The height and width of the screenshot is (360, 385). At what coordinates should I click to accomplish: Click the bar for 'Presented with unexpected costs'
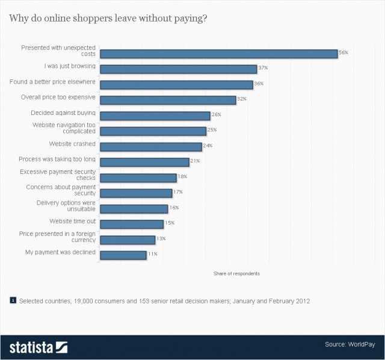point(218,54)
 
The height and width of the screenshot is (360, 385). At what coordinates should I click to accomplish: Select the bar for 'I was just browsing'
point(178,69)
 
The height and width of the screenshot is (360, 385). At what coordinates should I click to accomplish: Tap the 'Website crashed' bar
point(150,147)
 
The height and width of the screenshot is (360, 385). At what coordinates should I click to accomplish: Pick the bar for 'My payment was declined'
point(123,255)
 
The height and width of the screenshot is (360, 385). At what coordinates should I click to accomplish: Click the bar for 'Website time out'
point(131,224)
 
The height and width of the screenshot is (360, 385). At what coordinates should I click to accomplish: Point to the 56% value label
point(343,53)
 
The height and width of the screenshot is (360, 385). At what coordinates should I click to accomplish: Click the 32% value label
point(242,99)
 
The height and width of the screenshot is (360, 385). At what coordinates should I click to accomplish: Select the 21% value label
point(196,161)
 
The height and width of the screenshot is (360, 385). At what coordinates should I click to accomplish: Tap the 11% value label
point(153,254)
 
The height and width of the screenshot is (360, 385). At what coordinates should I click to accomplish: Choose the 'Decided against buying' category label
point(63,113)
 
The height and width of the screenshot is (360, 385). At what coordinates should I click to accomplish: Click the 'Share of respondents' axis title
point(236,274)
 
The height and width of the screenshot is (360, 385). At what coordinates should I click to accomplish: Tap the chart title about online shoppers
point(108,18)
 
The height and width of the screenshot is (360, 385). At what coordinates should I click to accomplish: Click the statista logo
point(38,347)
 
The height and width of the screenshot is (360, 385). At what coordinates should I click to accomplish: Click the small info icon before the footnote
point(13,299)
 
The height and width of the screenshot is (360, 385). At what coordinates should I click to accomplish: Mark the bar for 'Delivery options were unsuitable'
point(134,209)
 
